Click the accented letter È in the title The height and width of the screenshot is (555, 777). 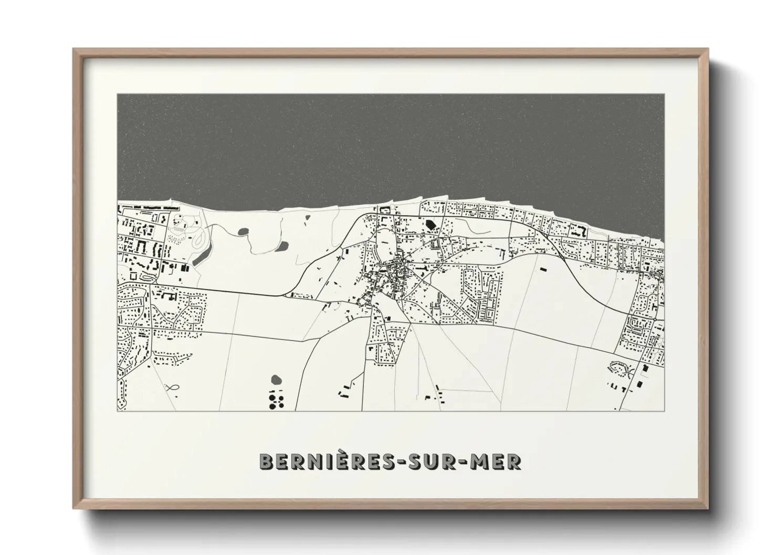coord(336,460)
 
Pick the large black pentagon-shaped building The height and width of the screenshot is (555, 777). coord(431,224)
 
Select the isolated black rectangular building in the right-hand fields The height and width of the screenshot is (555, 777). coord(542,269)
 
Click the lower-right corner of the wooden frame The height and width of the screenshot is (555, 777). coord(707,507)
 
